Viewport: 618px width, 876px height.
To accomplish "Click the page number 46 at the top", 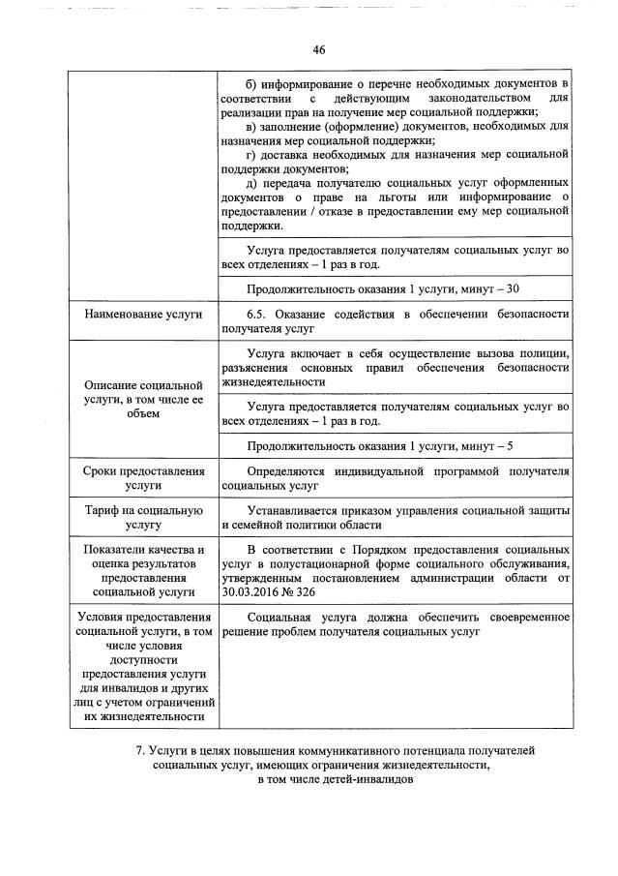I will click(318, 50).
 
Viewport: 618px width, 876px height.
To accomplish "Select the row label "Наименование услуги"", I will click(142, 315).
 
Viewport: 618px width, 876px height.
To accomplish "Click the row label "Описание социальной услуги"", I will click(142, 399).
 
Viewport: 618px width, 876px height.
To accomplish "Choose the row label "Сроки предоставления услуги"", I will click(142, 478).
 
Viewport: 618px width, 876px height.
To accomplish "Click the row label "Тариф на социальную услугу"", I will click(142, 518).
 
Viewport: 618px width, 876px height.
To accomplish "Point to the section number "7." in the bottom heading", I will click(140, 750).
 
